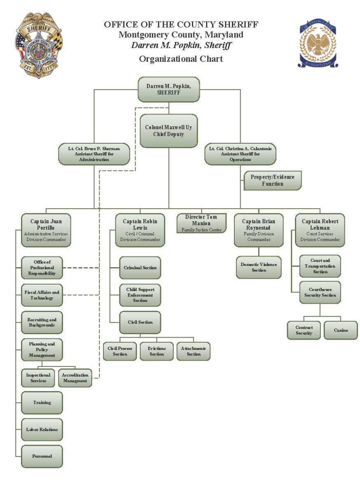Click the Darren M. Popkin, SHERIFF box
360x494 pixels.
[168, 89]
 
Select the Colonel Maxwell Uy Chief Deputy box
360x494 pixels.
[168, 130]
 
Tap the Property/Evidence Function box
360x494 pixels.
[272, 180]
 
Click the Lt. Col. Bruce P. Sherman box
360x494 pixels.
[94, 154]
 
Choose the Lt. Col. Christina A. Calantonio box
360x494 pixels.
[241, 154]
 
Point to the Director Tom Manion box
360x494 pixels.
[201, 223]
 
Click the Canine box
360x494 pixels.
[341, 330]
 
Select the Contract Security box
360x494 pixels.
[304, 330]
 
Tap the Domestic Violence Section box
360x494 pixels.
[259, 267]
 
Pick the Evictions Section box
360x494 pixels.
[157, 351]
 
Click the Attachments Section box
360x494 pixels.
[194, 351]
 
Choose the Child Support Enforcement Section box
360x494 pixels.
[140, 295]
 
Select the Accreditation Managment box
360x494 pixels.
[75, 378]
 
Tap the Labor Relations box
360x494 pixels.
[42, 429]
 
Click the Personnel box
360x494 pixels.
[42, 456]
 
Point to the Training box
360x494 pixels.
[42, 403]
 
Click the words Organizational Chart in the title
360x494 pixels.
[181, 59]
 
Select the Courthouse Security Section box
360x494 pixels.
[320, 292]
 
